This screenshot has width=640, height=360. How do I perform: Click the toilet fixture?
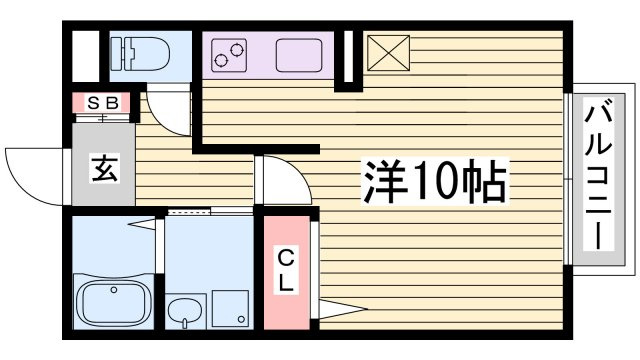[140, 54]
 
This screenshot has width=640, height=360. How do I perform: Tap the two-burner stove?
[229, 55]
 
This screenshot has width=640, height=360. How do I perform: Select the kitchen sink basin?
[299, 55]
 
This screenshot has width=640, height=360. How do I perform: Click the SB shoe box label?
[103, 103]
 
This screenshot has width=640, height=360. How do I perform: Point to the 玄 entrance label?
[104, 168]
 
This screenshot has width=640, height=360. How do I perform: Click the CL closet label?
[286, 271]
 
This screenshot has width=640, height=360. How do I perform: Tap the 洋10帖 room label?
[435, 181]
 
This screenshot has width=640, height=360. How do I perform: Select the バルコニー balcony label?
[598, 174]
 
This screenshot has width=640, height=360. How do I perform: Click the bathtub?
[113, 302]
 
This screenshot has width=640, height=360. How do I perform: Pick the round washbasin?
[184, 312]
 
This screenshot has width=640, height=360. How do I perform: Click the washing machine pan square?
[230, 308]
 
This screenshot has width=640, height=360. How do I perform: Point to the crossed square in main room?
[388, 53]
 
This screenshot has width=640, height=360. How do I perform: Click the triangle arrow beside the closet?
[342, 309]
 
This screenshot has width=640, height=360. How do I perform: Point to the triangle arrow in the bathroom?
[142, 224]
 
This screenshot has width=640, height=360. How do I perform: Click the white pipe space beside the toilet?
[86, 57]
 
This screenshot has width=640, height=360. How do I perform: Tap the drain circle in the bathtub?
[114, 290]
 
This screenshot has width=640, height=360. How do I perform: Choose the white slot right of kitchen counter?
[348, 56]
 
